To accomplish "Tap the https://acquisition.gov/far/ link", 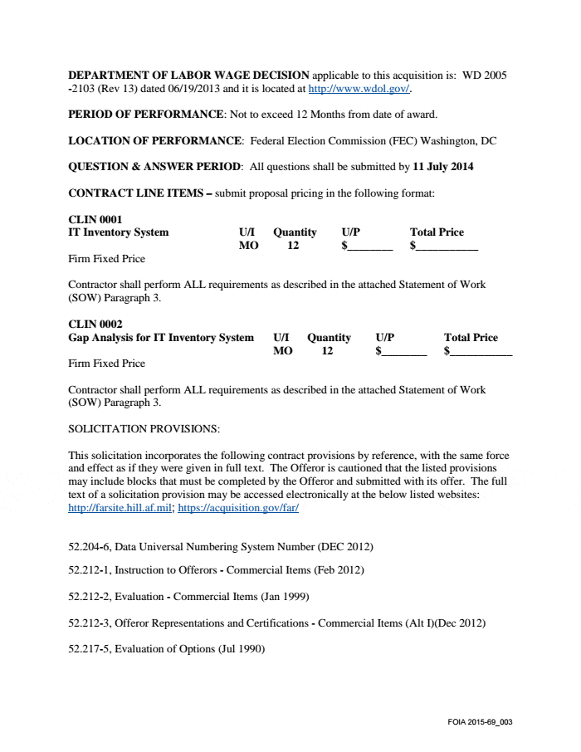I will (x=238, y=508).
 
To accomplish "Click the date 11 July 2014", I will (x=443, y=167).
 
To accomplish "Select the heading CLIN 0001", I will (x=95, y=219).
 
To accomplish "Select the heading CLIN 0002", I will (x=95, y=325).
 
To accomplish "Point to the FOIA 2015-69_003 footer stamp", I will (x=480, y=721).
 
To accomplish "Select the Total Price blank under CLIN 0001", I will (x=447, y=247).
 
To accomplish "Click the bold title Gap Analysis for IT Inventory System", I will (x=161, y=338).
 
